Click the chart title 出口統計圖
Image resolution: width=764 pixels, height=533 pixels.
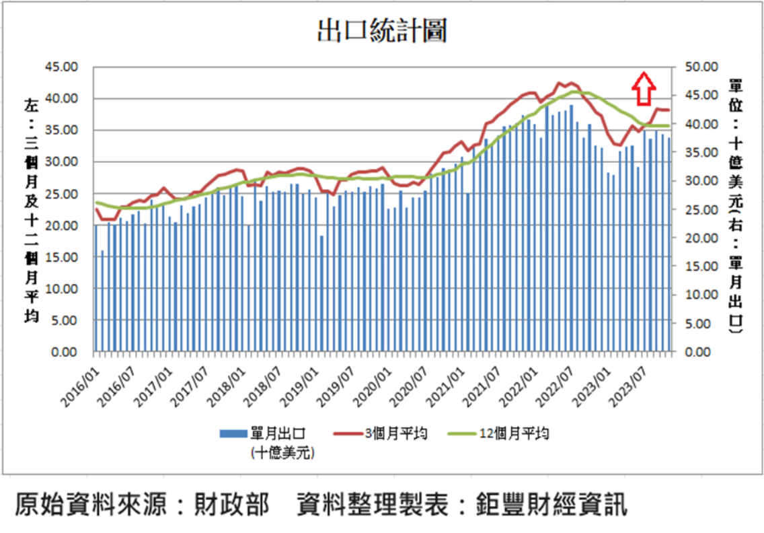pos(381,32)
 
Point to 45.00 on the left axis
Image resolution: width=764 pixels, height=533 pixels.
pos(61,67)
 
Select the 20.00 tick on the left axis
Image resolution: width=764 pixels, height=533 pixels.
pos(61,225)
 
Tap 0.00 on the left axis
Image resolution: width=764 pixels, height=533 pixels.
pos(65,352)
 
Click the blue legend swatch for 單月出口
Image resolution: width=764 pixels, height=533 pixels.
pos(233,433)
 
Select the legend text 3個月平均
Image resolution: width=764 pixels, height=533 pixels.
pos(396,433)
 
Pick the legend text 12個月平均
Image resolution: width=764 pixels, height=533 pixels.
pos(514,433)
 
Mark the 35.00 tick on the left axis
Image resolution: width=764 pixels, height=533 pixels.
pos(61,130)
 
